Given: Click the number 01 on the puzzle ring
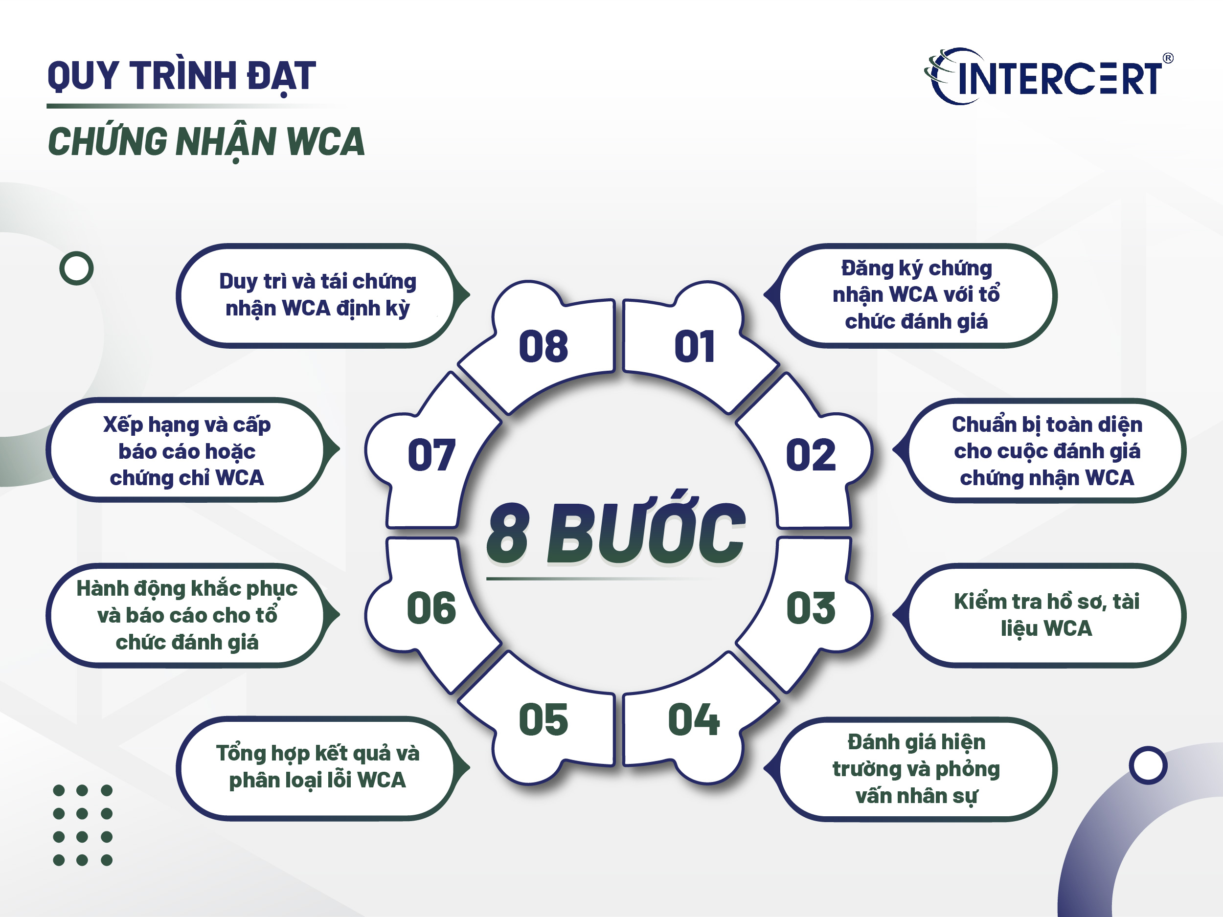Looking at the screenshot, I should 695,347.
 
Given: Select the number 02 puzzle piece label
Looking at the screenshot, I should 810,455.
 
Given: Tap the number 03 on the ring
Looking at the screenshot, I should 811,608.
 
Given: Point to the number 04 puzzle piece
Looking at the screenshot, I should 693,720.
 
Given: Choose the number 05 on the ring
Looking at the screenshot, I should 543,720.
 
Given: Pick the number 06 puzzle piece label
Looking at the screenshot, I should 431,608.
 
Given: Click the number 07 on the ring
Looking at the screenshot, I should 431,455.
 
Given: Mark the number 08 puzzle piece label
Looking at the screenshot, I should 543,347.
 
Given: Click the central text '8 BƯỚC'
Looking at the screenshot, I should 615,534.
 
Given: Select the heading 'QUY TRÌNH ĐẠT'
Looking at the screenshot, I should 181,76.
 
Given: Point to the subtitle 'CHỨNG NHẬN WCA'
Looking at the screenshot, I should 206,142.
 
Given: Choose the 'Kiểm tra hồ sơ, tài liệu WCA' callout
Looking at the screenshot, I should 1046,615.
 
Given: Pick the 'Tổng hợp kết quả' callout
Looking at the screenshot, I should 317,767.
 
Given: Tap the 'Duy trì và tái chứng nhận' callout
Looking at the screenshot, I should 317,294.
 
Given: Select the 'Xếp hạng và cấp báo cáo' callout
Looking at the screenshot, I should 187,450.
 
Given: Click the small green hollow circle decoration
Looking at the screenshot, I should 76,268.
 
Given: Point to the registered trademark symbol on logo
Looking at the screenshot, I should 1168,58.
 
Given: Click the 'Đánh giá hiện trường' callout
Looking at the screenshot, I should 916,769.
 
